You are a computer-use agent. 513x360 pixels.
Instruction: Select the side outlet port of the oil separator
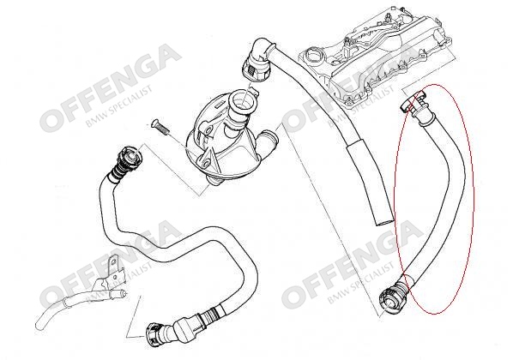268,140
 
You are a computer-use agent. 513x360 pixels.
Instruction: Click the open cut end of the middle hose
384,222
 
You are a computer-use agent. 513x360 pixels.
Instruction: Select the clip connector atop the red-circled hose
413,105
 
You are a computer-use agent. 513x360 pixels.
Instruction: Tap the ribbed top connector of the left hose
127,161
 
